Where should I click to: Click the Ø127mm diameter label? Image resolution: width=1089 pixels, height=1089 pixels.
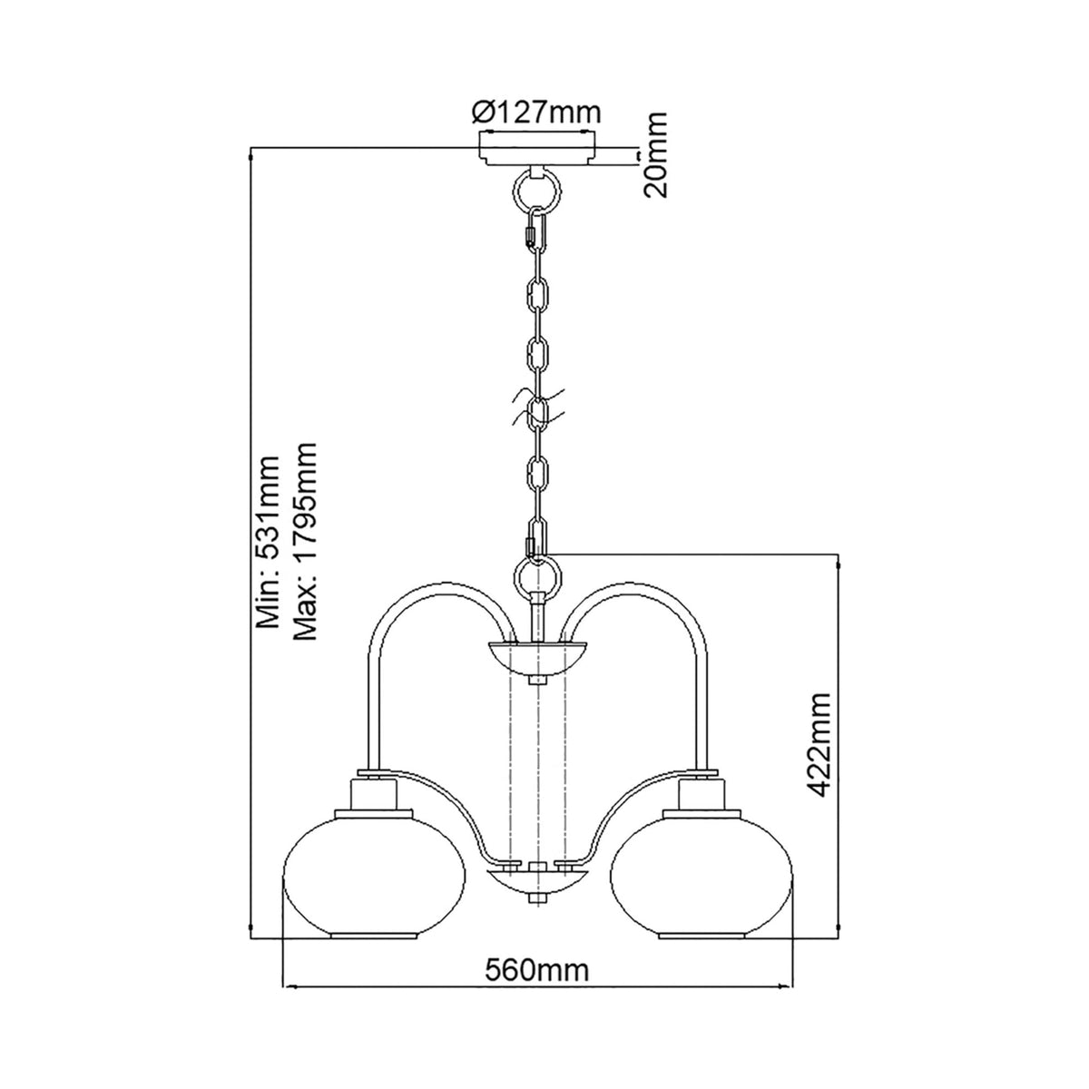537,113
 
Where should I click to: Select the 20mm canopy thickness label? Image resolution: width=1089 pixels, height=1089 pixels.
655,155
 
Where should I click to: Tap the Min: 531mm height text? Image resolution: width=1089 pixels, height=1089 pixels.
269,544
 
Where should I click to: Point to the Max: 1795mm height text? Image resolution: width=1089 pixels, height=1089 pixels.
306,543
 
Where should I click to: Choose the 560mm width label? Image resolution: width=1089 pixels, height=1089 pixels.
539,970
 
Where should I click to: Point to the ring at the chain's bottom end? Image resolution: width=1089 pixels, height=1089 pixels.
537,574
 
